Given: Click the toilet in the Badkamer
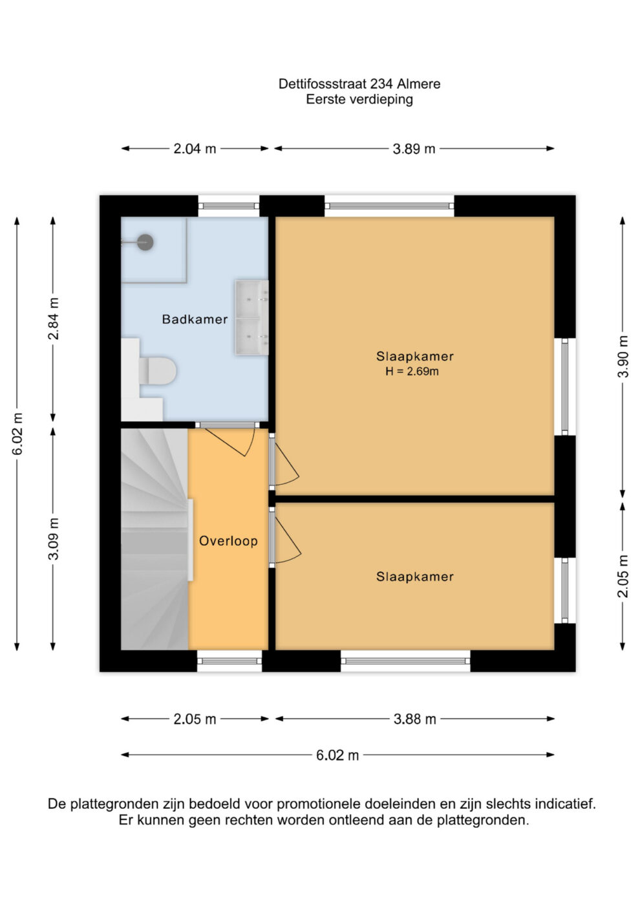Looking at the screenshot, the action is (158, 370).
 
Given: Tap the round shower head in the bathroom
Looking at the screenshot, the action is (145, 242).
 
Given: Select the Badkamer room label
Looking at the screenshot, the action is (195, 319).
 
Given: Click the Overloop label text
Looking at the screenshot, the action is (228, 541).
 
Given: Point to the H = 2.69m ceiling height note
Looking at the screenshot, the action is (412, 371).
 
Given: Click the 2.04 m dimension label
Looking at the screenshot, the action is (195, 149).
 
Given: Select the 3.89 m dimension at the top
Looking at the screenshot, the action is (414, 149).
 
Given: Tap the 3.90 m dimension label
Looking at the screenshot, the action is (623, 356).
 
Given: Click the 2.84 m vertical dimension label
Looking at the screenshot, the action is (53, 318).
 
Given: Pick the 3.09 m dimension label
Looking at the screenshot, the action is (53, 538).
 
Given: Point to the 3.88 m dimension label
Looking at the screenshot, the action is (414, 719).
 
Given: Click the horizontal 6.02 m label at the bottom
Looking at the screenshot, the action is (337, 755).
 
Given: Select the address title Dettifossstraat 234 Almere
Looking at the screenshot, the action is (359, 83).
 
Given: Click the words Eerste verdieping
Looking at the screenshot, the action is (359, 99).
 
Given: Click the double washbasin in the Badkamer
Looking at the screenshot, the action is (251, 318).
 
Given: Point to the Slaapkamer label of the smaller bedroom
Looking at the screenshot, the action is (414, 577).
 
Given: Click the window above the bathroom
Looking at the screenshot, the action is (229, 206).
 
